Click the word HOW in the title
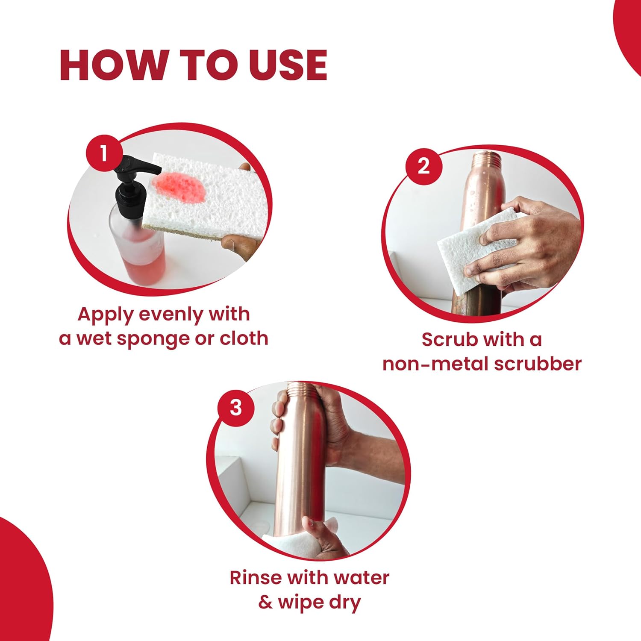click(x=113, y=65)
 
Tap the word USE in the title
click(x=288, y=65)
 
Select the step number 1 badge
click(x=104, y=153)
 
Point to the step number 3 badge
click(x=236, y=408)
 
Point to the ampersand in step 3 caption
click(x=265, y=602)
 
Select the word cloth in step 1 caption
click(x=244, y=338)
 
